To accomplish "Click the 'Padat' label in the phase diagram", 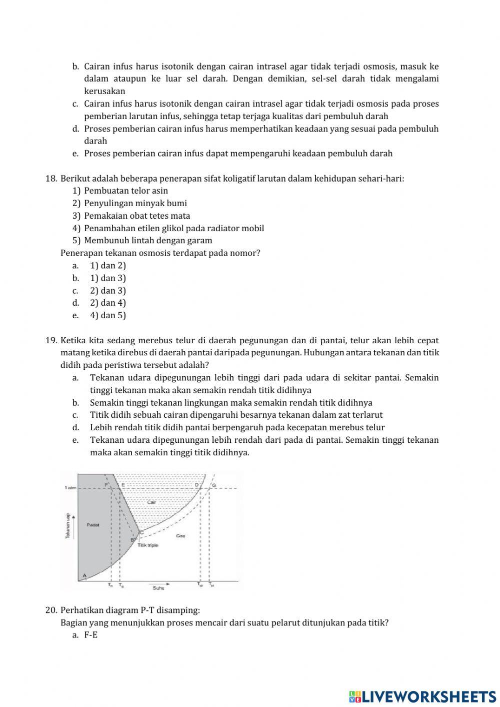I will (x=92, y=525).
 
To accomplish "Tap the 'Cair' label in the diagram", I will (x=152, y=501).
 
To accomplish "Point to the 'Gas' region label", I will (x=180, y=536).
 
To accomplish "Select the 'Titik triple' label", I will (x=148, y=545).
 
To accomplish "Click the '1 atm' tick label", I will (x=70, y=487).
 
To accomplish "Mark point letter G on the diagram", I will (x=214, y=485).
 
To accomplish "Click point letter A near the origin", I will (x=84, y=576).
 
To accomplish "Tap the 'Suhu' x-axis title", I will (x=158, y=588).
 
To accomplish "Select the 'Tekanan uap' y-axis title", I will (x=68, y=525).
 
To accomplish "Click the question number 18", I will (x=51, y=178).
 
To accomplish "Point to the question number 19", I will (x=51, y=340).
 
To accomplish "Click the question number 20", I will (x=51, y=610).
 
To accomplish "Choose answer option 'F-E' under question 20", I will (x=90, y=635).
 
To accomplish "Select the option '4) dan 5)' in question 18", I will (x=108, y=315).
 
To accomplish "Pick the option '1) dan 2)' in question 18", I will (x=108, y=266).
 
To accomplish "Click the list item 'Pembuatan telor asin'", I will (x=126, y=191).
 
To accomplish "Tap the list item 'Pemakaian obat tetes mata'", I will (x=137, y=216).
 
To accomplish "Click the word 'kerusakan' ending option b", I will (x=104, y=91).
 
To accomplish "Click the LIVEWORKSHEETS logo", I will (x=422, y=696).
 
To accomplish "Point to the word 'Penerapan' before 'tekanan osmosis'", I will (x=80, y=253).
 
